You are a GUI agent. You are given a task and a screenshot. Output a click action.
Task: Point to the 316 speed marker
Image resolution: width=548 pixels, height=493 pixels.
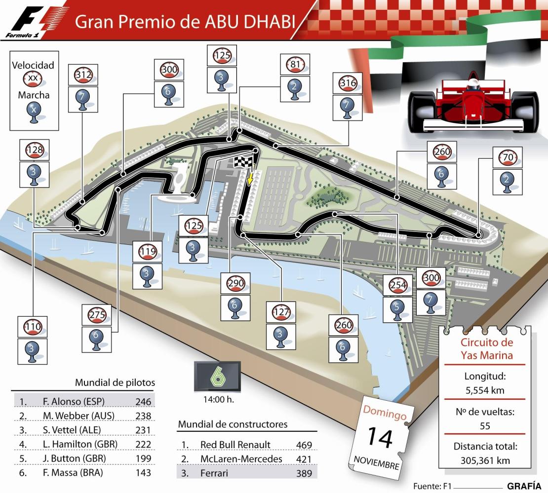(x=348, y=84)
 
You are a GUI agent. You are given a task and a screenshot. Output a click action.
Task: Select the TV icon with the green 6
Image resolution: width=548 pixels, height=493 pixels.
(x=217, y=377)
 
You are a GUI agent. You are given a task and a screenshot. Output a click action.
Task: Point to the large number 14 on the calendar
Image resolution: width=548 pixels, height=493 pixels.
(x=380, y=438)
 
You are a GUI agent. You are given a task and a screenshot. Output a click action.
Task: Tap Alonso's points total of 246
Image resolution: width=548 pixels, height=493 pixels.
(x=143, y=401)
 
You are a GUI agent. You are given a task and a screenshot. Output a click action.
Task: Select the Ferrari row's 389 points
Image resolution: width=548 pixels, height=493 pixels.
(x=303, y=473)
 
